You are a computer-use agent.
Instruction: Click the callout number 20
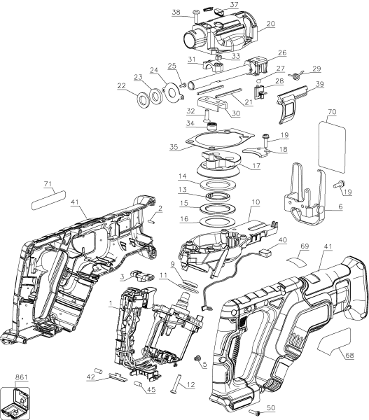[x=270, y=24]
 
